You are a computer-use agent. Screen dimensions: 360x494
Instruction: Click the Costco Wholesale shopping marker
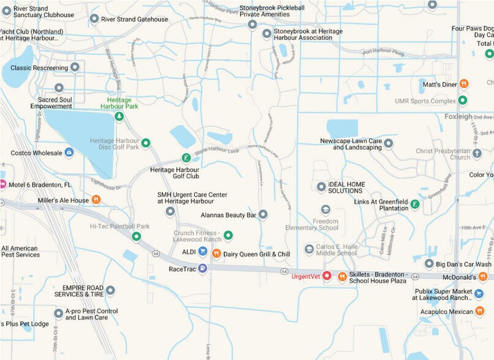(x=69, y=152)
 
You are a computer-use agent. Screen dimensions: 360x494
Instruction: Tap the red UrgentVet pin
(x=327, y=277)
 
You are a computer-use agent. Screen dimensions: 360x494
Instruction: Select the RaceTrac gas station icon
(x=203, y=268)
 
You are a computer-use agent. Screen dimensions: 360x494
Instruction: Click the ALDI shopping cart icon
(x=202, y=252)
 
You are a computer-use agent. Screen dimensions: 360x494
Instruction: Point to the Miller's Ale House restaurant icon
(x=95, y=200)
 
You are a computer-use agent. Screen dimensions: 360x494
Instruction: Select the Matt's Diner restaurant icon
(x=464, y=84)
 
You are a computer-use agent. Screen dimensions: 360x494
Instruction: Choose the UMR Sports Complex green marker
(x=463, y=100)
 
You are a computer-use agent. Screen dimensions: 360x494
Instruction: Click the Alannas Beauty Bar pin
(x=263, y=214)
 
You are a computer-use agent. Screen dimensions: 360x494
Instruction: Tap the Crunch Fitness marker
(x=228, y=234)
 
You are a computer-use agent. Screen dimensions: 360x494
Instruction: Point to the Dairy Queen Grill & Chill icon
(x=215, y=253)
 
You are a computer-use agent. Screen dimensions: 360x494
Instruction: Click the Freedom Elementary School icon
(x=326, y=209)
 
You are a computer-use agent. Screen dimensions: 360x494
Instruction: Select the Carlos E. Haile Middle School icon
(x=309, y=249)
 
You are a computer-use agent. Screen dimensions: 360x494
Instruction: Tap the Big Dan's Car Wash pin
(x=429, y=264)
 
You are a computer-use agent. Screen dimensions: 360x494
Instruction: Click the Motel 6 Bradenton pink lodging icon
(x=2, y=184)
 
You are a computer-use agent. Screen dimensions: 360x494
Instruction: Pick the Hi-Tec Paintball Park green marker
(x=136, y=236)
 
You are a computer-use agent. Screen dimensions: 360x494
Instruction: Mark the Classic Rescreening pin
(x=75, y=67)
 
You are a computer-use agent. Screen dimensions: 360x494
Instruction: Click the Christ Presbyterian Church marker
(x=477, y=153)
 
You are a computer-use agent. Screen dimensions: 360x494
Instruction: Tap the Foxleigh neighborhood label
(x=458, y=116)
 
